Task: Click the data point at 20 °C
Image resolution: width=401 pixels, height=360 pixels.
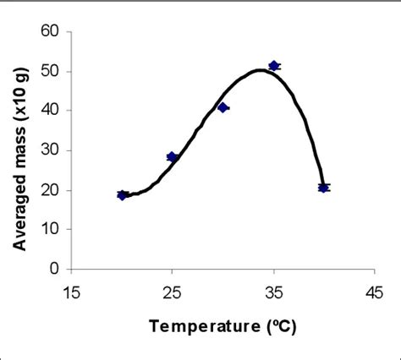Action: (122, 195)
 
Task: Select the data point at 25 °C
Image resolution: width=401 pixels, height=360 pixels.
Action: (173, 157)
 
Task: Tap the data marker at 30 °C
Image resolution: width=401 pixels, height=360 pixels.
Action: (223, 107)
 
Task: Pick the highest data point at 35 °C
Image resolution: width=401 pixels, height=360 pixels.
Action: (274, 65)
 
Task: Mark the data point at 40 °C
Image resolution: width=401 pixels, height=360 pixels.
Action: (324, 188)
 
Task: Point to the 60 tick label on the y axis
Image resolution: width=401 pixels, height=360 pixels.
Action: (51, 31)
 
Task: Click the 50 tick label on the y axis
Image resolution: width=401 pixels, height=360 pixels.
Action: (51, 71)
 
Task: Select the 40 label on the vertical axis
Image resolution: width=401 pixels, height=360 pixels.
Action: (51, 111)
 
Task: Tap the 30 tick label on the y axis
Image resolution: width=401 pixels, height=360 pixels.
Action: (51, 150)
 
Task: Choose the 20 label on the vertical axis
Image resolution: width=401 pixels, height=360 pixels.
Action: (51, 190)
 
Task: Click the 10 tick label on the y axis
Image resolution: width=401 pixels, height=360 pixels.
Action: (51, 230)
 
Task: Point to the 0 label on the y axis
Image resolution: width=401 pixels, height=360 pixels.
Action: (55, 270)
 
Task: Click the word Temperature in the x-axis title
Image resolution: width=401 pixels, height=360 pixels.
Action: (202, 325)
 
